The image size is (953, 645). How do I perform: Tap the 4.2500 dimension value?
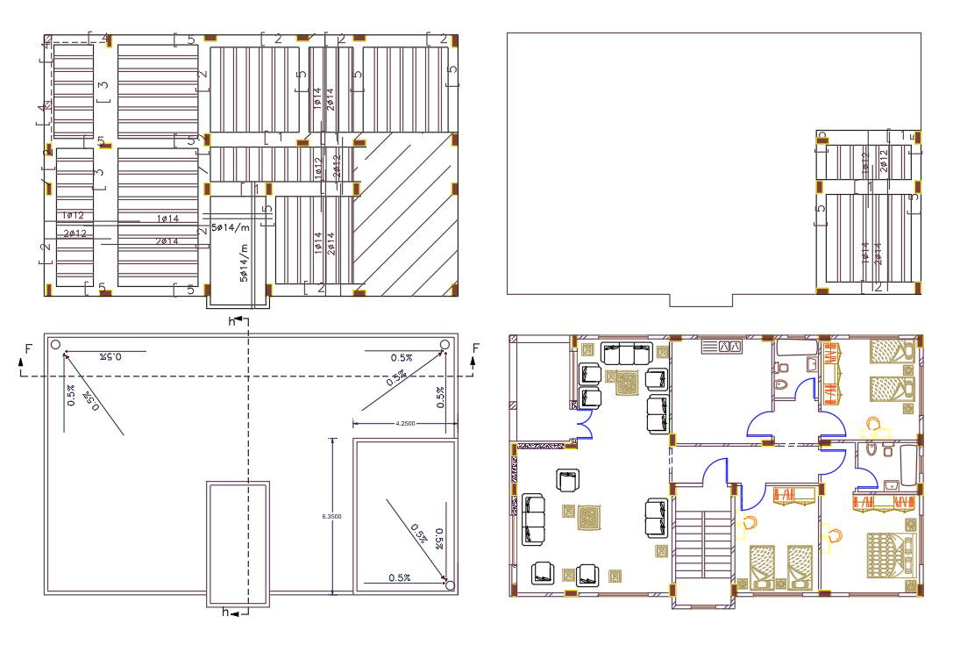click(x=405, y=424)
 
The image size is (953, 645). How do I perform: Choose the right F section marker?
click(x=476, y=349)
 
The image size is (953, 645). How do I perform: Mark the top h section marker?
click(x=232, y=322)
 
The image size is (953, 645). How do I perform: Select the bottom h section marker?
click(x=226, y=613)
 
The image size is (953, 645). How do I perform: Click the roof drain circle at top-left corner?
click(x=55, y=344)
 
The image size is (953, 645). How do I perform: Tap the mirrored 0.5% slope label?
click(x=110, y=356)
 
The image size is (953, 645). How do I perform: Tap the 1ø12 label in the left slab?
click(x=73, y=215)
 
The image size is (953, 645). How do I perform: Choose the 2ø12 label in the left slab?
click(x=75, y=233)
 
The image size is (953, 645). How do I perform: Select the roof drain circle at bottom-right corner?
click(x=450, y=584)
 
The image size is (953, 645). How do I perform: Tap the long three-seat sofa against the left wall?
click(x=531, y=518)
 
